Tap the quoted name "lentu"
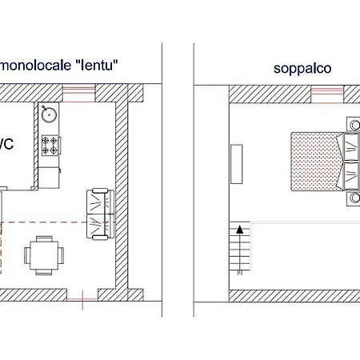pos(102,65)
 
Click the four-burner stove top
pos(50,145)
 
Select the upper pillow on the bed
pos(350,146)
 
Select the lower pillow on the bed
pos(350,173)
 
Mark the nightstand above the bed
pos(353,124)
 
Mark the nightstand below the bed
pos(353,198)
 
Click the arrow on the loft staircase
pos(238,232)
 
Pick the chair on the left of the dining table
pos(27,256)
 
